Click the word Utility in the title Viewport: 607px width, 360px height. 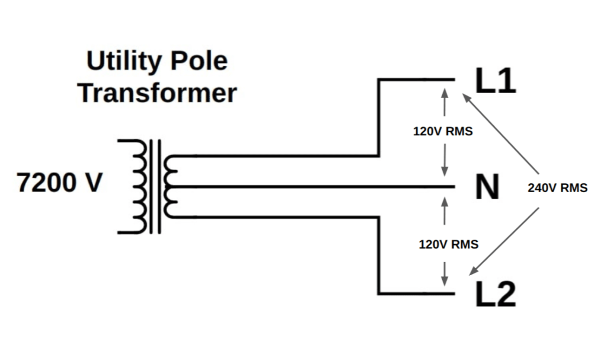pyautogui.click(x=123, y=62)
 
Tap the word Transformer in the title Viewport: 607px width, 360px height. pyautogui.click(x=158, y=93)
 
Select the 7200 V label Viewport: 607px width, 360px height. pyautogui.click(x=59, y=183)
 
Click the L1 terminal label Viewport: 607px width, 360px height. pyautogui.click(x=496, y=81)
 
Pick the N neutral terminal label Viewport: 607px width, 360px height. pyautogui.click(x=487, y=188)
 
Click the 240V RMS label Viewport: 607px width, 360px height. pyautogui.click(x=557, y=188)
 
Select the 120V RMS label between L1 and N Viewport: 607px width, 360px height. pyautogui.click(x=443, y=132)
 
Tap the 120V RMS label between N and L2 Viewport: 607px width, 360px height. pyautogui.click(x=448, y=244)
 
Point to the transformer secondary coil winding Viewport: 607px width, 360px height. pyautogui.click(x=171, y=186)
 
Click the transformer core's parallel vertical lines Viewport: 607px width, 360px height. pyautogui.click(x=155, y=186)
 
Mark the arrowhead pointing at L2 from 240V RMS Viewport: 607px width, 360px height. pyautogui.click(x=473, y=272)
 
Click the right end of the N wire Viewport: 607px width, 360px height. pyautogui.click(x=453, y=187)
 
